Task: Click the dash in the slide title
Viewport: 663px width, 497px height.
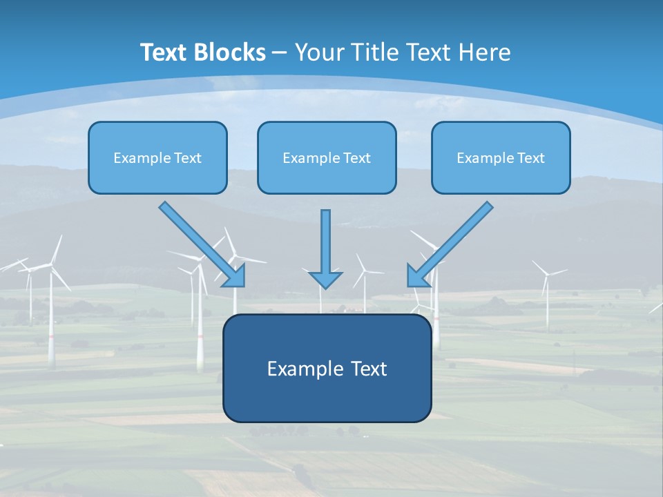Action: (x=280, y=53)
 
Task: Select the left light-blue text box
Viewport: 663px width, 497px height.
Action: (x=157, y=157)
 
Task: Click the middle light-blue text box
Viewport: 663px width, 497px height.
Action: (x=327, y=157)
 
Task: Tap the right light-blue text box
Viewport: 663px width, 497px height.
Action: (x=501, y=157)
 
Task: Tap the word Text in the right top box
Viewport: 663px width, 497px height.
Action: (x=530, y=158)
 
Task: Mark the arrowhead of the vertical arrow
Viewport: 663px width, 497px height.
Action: (x=325, y=279)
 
